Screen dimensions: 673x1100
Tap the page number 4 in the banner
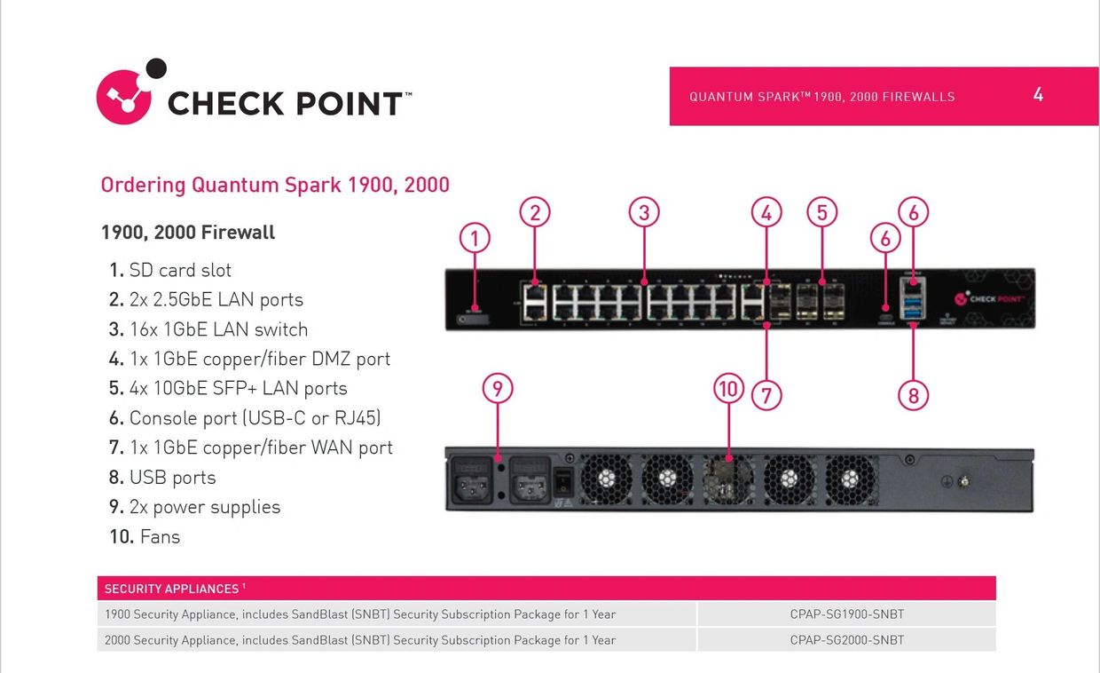(x=1038, y=94)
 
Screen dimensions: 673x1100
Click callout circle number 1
(x=475, y=238)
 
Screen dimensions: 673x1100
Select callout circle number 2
(x=535, y=212)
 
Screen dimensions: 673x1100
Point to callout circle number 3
(x=645, y=212)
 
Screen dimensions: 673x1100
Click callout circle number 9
(x=498, y=388)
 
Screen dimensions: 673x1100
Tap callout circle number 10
(x=728, y=388)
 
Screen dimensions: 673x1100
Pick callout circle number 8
(x=914, y=395)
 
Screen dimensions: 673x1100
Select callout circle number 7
(x=766, y=395)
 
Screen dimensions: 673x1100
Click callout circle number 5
(x=822, y=212)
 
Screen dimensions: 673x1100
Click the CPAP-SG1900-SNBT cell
(x=846, y=614)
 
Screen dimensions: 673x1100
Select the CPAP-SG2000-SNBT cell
(x=846, y=640)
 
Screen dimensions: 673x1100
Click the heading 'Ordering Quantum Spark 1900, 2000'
(x=275, y=186)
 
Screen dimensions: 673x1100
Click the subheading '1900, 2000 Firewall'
(x=188, y=233)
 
